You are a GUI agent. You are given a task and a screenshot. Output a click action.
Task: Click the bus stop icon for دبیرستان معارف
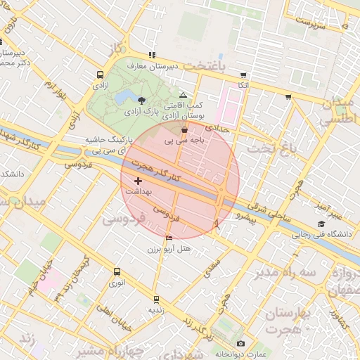point(151,55)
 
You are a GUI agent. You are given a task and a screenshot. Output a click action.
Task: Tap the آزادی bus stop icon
point(98,73)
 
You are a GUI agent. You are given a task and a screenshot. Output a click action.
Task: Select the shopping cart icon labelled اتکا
point(243,75)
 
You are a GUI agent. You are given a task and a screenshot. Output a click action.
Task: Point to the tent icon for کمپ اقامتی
point(184,94)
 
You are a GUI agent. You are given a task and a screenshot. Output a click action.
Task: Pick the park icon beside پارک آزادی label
point(143,101)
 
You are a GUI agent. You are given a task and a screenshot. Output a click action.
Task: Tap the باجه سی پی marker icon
point(184,129)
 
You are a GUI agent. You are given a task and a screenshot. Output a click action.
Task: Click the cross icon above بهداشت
point(138,181)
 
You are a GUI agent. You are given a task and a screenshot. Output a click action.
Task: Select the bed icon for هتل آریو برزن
point(168,238)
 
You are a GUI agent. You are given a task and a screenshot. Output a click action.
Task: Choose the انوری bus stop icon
point(116,271)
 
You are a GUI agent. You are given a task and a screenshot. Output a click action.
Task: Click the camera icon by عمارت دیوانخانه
point(240,343)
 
